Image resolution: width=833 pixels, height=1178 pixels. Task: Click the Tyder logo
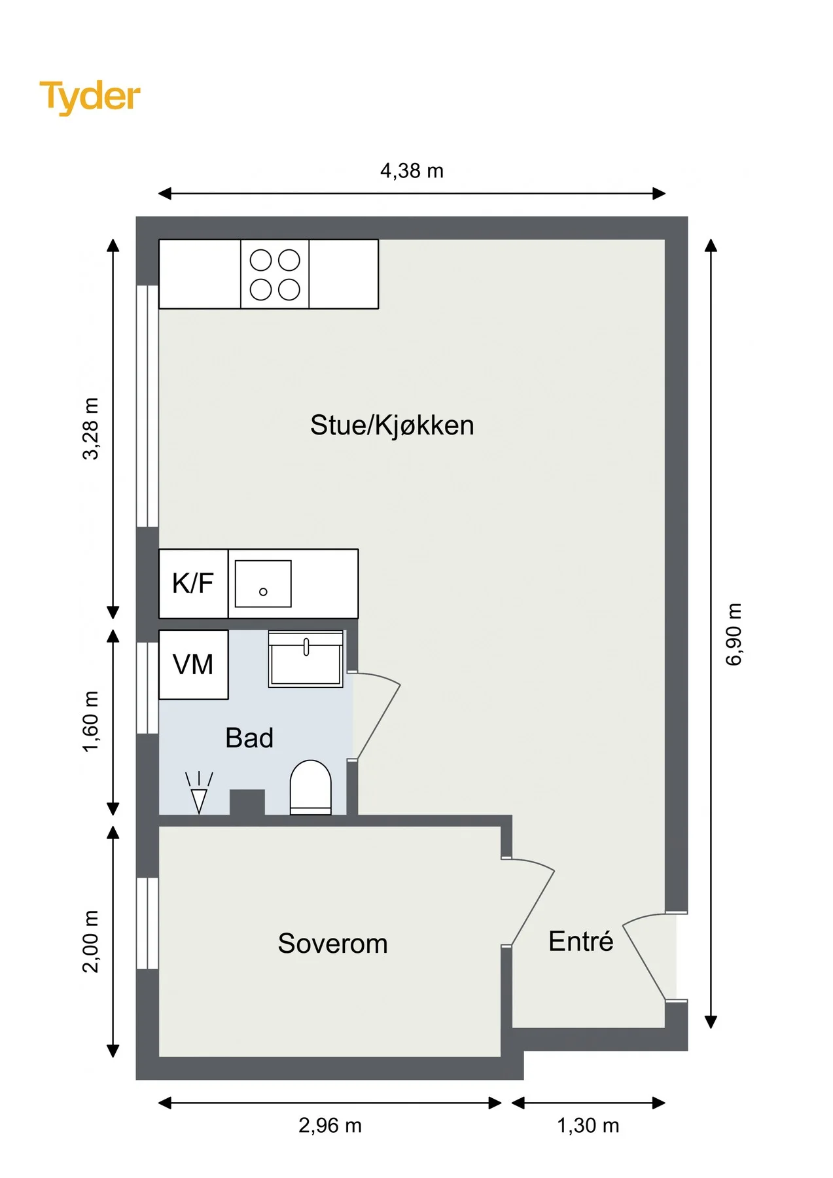90,97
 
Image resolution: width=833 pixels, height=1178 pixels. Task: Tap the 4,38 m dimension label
412,171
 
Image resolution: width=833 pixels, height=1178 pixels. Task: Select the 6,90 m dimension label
734,634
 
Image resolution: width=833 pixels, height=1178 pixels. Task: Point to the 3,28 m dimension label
90,429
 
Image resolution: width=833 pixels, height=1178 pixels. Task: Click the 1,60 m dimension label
90,721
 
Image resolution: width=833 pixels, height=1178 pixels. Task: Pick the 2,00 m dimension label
90,941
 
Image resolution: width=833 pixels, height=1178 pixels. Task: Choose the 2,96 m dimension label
330,1125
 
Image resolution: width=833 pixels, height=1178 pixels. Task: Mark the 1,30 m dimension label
588,1125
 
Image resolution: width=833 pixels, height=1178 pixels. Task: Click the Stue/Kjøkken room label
392,425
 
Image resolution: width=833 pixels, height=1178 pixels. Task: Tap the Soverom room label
332,944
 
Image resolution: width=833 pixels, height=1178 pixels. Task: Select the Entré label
580,941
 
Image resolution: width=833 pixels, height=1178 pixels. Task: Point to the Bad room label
249,738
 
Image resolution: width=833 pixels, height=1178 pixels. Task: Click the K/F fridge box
193,583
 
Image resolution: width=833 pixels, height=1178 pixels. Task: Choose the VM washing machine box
193,664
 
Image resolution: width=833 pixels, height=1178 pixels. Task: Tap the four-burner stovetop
275,274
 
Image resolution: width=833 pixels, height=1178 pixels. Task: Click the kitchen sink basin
263,584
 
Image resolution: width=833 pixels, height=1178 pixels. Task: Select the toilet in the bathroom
311,787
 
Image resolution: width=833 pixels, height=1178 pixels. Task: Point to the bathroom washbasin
306,659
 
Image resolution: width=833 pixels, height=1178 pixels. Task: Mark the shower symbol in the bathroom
199,793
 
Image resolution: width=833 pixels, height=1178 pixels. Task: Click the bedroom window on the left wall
147,923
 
